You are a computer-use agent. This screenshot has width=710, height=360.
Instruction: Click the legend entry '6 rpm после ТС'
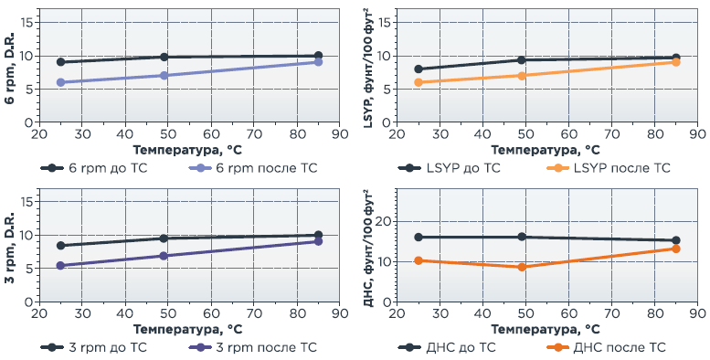click(x=253, y=168)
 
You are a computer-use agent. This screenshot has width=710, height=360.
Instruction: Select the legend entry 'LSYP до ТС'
click(x=450, y=168)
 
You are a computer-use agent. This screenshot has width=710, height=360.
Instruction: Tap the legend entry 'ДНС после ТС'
click(x=607, y=347)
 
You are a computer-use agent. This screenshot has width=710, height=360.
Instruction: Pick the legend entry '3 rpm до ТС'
click(x=94, y=347)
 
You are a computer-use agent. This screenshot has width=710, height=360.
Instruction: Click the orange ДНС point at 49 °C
click(x=522, y=267)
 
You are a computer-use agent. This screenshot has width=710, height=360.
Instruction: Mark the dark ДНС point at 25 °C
click(x=419, y=237)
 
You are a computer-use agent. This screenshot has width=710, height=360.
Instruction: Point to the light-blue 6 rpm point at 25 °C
click(x=60, y=82)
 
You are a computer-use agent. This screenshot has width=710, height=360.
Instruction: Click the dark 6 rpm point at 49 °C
click(x=164, y=57)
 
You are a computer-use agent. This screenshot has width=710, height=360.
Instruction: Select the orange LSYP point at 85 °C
click(x=676, y=62)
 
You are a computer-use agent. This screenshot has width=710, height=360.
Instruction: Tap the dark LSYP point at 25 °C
click(x=419, y=69)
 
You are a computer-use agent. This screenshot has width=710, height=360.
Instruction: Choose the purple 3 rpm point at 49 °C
click(x=164, y=256)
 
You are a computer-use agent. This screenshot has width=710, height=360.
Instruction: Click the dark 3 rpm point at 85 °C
click(x=318, y=235)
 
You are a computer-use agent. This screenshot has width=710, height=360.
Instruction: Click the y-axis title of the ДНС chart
click(x=368, y=247)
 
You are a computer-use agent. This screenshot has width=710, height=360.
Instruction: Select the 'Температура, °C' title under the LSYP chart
click(x=546, y=150)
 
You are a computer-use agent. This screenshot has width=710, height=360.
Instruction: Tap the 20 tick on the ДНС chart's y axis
click(x=385, y=221)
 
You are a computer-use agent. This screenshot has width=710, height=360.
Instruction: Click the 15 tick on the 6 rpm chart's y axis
click(x=28, y=22)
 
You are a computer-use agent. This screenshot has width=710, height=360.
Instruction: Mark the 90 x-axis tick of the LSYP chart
click(x=698, y=134)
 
